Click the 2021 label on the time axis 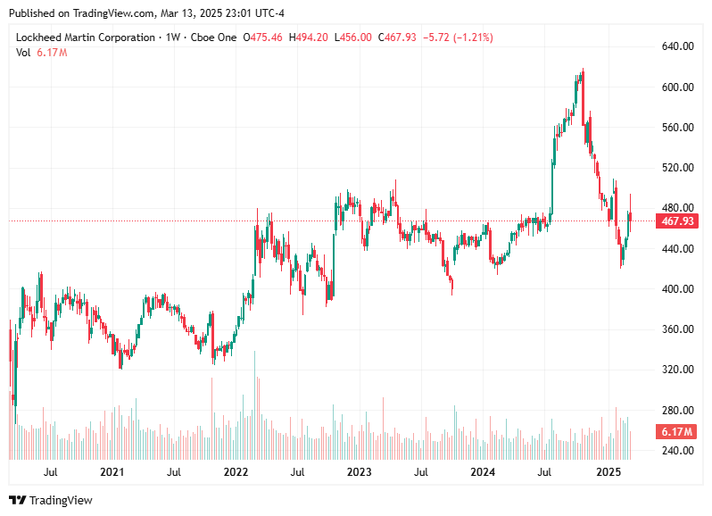(x=112, y=471)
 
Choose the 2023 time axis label (x=359, y=471)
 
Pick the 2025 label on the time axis (x=608, y=471)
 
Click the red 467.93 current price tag (x=675, y=221)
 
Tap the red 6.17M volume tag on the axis (x=675, y=432)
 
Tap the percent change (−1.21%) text (x=472, y=37)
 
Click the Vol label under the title (x=23, y=53)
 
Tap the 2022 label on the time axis (x=236, y=471)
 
